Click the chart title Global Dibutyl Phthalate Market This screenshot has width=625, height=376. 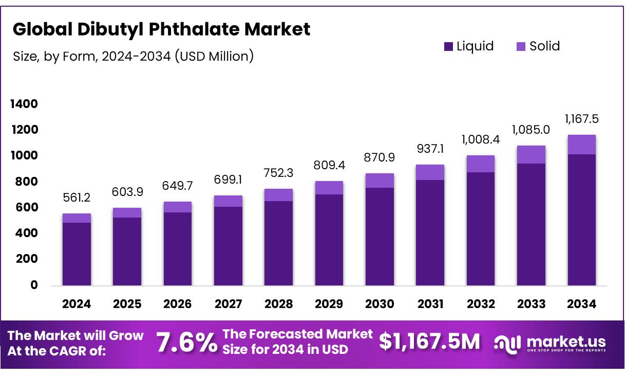pos(161,29)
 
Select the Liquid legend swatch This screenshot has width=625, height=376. pos(448,46)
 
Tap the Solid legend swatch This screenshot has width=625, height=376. pos(520,46)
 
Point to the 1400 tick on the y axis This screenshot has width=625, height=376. pos(24,104)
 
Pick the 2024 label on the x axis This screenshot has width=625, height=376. pos(77,304)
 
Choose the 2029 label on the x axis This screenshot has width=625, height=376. pos(329,304)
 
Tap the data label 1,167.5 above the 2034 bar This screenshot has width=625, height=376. pos(581,119)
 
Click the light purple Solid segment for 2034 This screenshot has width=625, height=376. pos(581,145)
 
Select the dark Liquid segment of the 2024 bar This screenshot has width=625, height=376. pos(77,254)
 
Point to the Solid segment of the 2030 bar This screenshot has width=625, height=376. pos(380,181)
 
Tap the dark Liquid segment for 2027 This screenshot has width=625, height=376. pos(228,246)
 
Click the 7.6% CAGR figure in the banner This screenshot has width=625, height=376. pos(186,343)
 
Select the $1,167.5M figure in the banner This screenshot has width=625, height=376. pos(429,342)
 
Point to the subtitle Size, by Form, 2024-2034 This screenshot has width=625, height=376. pos(133,56)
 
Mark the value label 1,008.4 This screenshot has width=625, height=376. pos(481,139)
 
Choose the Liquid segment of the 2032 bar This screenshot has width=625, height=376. pos(481,228)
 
